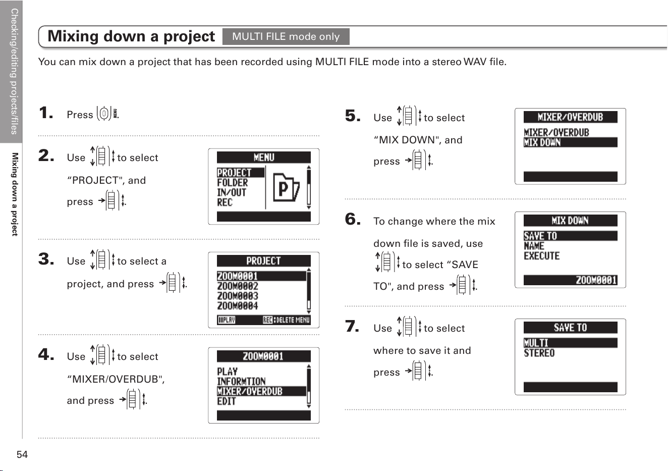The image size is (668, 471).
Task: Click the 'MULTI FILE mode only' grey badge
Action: [286, 36]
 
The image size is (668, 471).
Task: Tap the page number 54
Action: [22, 454]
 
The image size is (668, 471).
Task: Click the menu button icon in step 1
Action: [104, 114]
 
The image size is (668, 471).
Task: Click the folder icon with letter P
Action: [286, 188]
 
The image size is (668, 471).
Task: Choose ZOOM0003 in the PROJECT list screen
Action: [237, 296]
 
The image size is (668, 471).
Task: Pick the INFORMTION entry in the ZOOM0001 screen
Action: [241, 381]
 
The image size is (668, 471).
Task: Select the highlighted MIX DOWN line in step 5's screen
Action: [570, 142]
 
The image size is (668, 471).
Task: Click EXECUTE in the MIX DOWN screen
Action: [541, 256]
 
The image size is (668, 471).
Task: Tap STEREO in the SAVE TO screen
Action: [539, 353]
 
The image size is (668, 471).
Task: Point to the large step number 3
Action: [46, 258]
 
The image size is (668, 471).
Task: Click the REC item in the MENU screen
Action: [225, 202]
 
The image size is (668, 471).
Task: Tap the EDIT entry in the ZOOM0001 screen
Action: [227, 401]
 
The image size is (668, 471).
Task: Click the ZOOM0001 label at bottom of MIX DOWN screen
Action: [596, 280]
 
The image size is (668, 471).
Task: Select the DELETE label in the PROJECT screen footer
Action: [285, 320]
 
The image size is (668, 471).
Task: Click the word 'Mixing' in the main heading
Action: [73, 36]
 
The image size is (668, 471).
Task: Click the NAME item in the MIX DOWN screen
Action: [534, 246]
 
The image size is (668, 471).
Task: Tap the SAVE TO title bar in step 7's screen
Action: [570, 328]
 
